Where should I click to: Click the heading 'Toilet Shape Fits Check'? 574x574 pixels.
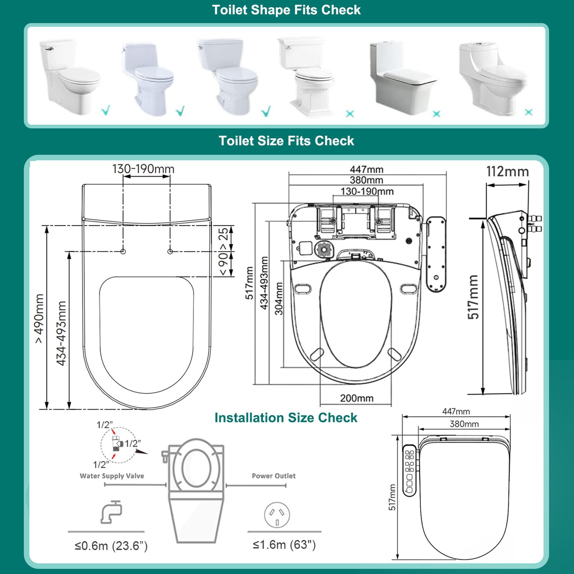(286, 10)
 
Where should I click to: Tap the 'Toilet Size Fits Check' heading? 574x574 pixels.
(286, 141)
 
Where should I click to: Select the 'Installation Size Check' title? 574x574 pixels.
(286, 418)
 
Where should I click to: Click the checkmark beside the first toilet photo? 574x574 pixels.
(106, 110)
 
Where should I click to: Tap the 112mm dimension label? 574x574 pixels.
(507, 172)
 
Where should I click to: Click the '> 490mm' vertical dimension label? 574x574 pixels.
(39, 318)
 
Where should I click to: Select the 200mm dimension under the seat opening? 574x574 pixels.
(356, 398)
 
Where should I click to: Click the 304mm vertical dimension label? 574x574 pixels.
(279, 298)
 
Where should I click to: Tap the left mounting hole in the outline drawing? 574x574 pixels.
(123, 251)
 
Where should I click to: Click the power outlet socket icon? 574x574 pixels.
(277, 515)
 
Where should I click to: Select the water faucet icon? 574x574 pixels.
(111, 512)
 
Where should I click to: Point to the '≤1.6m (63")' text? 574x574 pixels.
(284, 545)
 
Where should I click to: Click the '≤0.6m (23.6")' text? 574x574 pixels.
(111, 546)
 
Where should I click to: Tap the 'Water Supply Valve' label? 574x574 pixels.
(112, 476)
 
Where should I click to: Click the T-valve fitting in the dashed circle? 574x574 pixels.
(116, 443)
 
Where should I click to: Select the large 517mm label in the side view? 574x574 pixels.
(473, 297)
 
